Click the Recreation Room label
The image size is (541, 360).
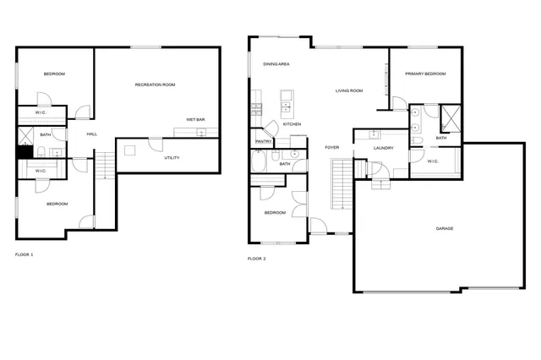coord(155,85)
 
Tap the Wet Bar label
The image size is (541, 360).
coord(195,119)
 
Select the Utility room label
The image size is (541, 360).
coord(172,158)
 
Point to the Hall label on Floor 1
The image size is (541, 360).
coord(91,134)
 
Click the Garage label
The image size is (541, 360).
coord(444,228)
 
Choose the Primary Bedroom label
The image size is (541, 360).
coord(424,74)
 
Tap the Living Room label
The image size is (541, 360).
coord(348,90)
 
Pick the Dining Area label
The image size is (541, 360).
coord(276,64)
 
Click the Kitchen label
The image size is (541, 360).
coord(292,124)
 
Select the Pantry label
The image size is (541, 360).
coord(263,142)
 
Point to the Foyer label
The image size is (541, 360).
coord(332,148)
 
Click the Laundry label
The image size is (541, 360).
coord(385,149)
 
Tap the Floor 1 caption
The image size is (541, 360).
coord(25,254)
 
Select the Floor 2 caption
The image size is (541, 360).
coord(256,259)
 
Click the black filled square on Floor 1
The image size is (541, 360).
coord(25,152)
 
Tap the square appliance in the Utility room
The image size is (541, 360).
coord(129,150)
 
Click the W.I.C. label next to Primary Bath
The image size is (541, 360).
coord(432,161)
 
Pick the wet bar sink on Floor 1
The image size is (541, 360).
coord(200,132)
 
